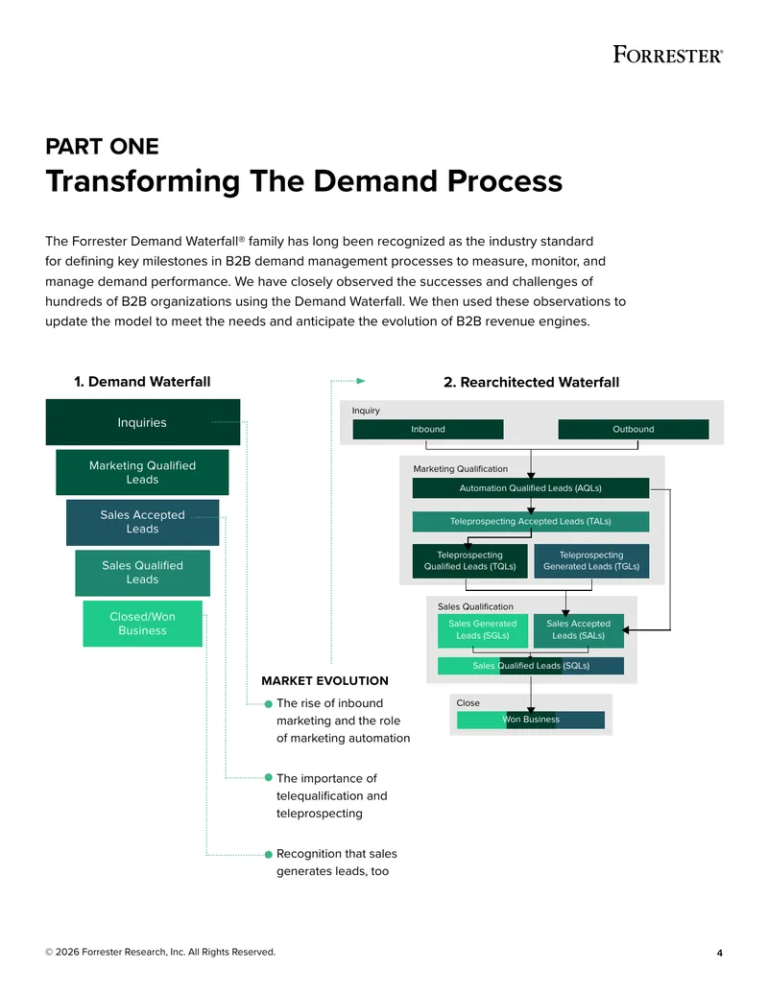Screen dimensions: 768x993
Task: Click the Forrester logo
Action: tap(668, 55)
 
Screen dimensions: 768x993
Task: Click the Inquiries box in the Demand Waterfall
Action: tap(143, 422)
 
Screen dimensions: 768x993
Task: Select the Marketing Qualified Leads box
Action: tap(142, 472)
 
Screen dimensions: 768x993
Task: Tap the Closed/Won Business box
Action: tap(143, 624)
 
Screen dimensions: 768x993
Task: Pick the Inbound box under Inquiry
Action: tap(428, 430)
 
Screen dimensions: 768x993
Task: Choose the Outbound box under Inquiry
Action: tap(634, 430)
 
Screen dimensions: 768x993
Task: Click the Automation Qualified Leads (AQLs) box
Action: tap(531, 488)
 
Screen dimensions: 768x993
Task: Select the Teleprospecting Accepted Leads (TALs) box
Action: tap(531, 521)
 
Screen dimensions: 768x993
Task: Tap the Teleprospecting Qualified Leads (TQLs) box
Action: tap(470, 561)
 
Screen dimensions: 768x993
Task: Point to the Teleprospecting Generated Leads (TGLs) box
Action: tap(592, 561)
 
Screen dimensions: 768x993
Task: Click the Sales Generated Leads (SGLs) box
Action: tap(483, 630)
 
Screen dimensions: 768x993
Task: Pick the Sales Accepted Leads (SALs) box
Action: tap(579, 630)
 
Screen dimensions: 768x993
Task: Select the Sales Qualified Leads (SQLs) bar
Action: tap(531, 666)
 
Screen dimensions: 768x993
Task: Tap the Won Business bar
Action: tap(531, 720)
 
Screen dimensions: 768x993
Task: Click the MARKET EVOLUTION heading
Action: tap(325, 681)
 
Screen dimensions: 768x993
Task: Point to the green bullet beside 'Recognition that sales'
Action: tap(269, 854)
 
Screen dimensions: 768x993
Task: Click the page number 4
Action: tap(720, 953)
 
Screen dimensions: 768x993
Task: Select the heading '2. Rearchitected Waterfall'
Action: tap(532, 383)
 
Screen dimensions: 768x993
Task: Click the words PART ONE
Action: tap(102, 146)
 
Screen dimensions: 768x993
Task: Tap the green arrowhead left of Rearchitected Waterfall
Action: tap(361, 381)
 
